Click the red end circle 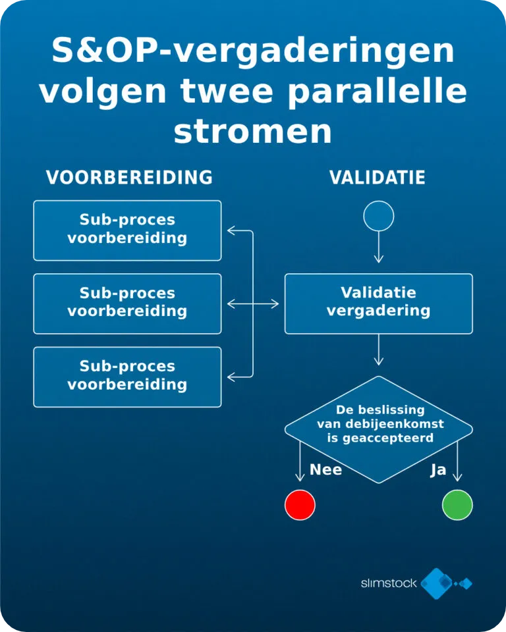tap(300, 505)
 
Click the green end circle tap(457, 505)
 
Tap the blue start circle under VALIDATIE tap(378, 216)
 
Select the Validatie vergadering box tap(378, 304)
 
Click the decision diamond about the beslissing tap(378, 430)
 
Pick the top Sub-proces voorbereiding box tap(128, 230)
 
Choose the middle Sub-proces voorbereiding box tap(128, 304)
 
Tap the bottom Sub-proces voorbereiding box tap(128, 377)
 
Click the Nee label tap(325, 469)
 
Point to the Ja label tap(438, 470)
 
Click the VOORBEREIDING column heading tap(129, 177)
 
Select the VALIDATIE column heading tap(378, 177)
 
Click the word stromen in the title tap(253, 132)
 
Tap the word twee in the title tap(227, 92)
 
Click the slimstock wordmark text tap(389, 583)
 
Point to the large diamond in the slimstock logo tap(436, 583)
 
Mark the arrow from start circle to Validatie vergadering tap(378, 247)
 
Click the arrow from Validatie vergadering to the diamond tap(378, 350)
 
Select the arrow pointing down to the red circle tap(300, 461)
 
